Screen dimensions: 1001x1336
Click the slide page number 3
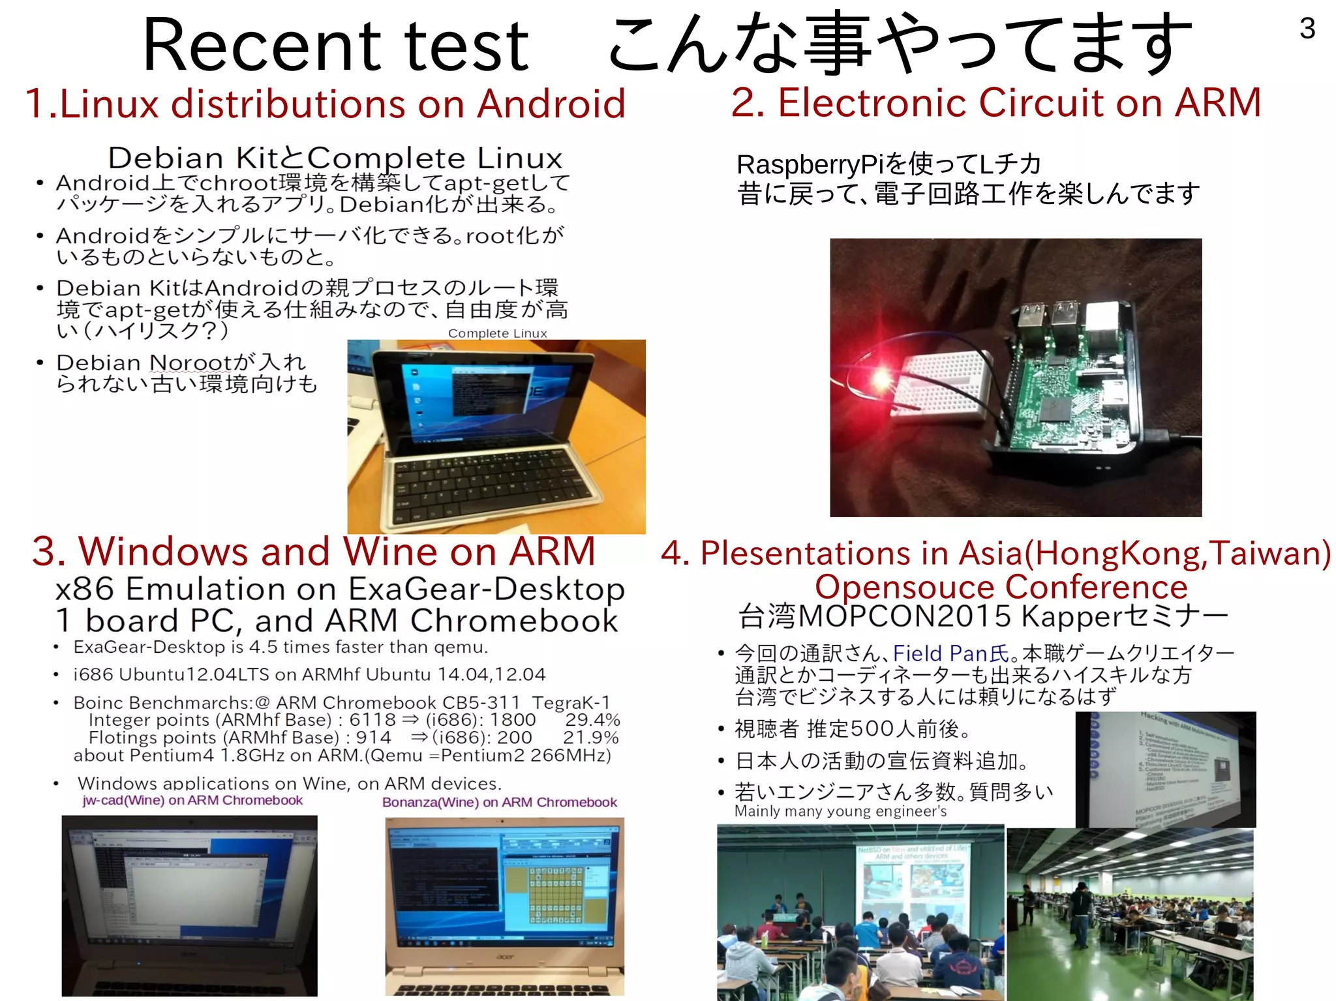[x=1307, y=29]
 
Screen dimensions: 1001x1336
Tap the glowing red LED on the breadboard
[x=881, y=378]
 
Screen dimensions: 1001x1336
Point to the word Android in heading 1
[x=551, y=104]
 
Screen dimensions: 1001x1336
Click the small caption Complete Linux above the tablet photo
[x=497, y=333]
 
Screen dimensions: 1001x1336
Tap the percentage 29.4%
[x=592, y=720]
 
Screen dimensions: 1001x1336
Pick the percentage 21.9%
[x=591, y=738]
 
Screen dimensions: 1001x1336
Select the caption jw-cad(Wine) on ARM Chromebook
[x=192, y=801]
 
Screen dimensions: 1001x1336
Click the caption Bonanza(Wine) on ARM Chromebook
[x=499, y=803]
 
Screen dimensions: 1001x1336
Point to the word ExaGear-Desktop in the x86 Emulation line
[x=487, y=590]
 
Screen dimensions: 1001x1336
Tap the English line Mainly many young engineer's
[x=840, y=811]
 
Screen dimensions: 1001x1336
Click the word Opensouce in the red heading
[x=903, y=587]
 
